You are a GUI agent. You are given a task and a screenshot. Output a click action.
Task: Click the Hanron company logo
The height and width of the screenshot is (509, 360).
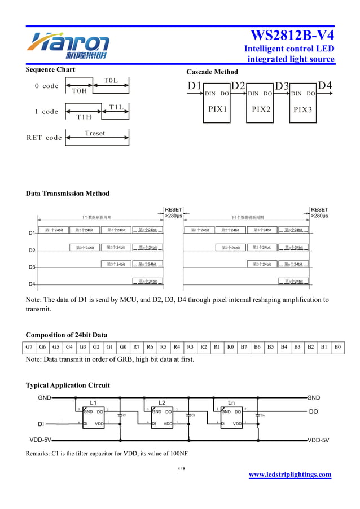coord(69,46)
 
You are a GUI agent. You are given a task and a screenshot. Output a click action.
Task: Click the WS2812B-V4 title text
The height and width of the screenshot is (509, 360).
coord(292,35)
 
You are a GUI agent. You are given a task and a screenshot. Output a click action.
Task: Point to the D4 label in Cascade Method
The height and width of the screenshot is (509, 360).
coord(325,85)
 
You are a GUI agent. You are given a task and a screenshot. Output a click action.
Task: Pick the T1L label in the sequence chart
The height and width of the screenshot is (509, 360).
coord(116,107)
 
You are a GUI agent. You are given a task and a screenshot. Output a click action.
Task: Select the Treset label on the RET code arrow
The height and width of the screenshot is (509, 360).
coord(95,133)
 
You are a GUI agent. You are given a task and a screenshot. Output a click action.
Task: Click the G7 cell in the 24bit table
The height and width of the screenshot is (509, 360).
coord(29,347)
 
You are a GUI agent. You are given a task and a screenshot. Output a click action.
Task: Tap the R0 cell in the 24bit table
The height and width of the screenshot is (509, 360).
coord(230,347)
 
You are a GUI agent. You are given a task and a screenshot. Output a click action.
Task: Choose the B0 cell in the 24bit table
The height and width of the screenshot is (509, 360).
coord(337,347)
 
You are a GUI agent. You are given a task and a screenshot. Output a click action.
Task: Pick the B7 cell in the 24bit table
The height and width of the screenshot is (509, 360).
coord(244,347)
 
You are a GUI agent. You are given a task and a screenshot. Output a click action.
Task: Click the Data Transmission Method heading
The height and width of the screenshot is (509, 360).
coord(68,194)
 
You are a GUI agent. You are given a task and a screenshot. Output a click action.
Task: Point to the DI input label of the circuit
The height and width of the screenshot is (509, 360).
coord(41,423)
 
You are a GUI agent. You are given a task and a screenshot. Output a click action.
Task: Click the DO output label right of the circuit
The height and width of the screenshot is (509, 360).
coord(314,411)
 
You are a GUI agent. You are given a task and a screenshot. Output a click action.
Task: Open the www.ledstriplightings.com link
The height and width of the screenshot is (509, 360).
coord(290,475)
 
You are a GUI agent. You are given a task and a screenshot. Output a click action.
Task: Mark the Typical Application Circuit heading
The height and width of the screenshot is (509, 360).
coord(68,385)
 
